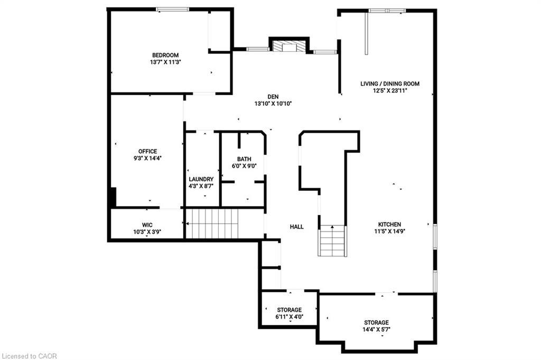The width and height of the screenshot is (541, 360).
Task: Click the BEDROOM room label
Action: tap(165, 55)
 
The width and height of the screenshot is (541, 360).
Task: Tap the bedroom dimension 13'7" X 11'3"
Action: tap(165, 62)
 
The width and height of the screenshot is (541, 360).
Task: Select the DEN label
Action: tap(273, 97)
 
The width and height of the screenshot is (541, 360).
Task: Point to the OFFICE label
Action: tap(148, 152)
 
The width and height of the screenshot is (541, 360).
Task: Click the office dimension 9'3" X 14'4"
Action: tap(148, 159)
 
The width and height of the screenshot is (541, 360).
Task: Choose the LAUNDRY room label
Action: tap(201, 179)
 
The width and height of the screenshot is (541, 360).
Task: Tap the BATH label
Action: tap(244, 159)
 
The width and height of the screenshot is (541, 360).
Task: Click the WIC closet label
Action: tap(147, 224)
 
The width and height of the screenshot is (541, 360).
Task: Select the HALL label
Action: tap(297, 227)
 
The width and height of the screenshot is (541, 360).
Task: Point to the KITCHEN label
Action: tap(389, 224)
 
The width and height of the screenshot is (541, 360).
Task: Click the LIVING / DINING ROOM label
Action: tap(390, 84)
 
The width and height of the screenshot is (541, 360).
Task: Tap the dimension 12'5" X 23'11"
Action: tap(390, 90)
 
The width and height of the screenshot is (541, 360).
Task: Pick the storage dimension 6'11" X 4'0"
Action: tap(289, 317)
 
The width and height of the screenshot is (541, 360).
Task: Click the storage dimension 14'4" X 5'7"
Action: tap(376, 330)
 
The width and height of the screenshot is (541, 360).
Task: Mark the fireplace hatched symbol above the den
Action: tap(288, 47)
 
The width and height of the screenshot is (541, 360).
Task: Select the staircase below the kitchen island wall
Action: tap(333, 241)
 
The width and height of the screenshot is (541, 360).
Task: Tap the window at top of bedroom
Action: tap(172, 9)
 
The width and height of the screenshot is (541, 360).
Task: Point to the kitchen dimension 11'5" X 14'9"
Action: tap(389, 231)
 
